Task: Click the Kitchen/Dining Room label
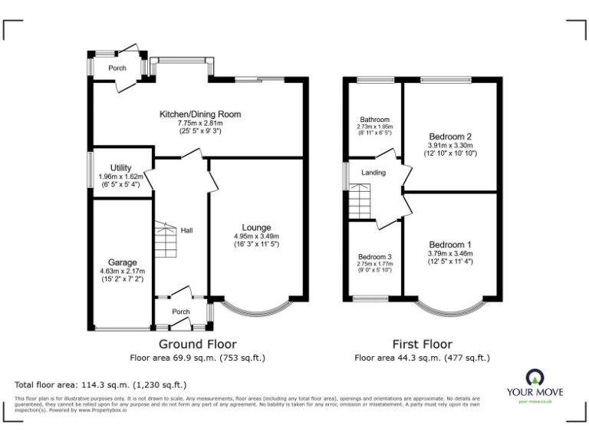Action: [x=199, y=114]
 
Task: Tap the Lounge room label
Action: [x=256, y=227]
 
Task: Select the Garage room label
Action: [x=123, y=262]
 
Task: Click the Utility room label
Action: [x=121, y=167]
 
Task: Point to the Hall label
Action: [x=186, y=230]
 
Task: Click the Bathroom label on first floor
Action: [x=375, y=120]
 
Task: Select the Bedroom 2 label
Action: [x=450, y=136]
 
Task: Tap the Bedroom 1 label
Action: [x=450, y=245]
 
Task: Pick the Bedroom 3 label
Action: [x=375, y=256]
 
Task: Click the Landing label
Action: [x=373, y=173]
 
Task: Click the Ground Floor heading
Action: [x=197, y=345]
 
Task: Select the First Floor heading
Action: [x=422, y=345]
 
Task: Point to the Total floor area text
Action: [x=100, y=384]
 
